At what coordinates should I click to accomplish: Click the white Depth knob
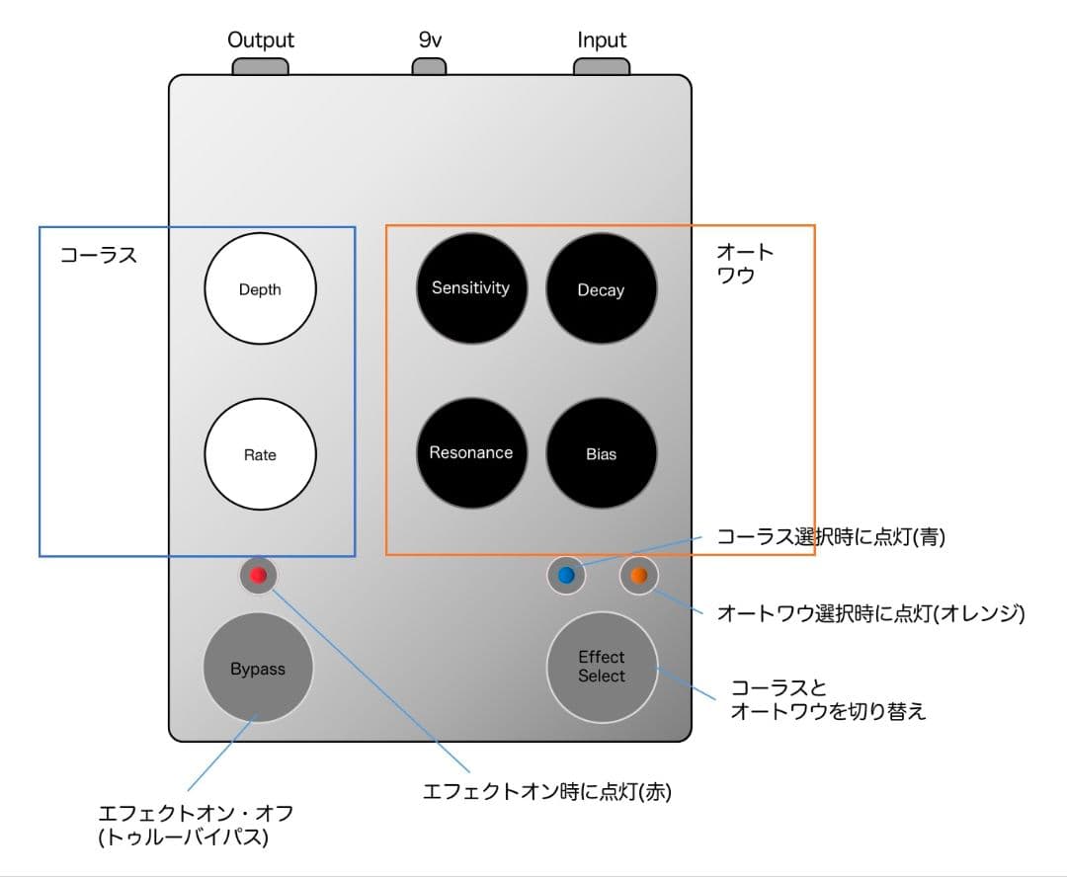tap(260, 289)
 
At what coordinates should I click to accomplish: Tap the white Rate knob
tap(260, 454)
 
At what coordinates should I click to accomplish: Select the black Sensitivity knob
tap(471, 288)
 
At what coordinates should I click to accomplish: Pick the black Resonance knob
tap(471, 453)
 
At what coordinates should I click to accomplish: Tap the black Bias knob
tap(601, 453)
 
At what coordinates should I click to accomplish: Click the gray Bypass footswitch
tap(258, 669)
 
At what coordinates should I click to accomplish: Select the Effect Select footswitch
tap(602, 667)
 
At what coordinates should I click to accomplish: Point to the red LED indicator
tap(259, 576)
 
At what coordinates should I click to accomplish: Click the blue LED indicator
tap(566, 576)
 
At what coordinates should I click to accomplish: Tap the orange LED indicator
tap(638, 576)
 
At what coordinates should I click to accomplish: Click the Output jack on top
tap(261, 67)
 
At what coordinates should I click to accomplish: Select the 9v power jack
tap(429, 67)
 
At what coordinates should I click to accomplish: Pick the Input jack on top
tap(602, 67)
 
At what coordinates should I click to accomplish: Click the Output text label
tap(261, 40)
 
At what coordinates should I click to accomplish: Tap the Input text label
tap(602, 40)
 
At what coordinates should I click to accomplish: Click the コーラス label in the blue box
tap(98, 255)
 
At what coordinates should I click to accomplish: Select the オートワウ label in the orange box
tap(745, 264)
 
